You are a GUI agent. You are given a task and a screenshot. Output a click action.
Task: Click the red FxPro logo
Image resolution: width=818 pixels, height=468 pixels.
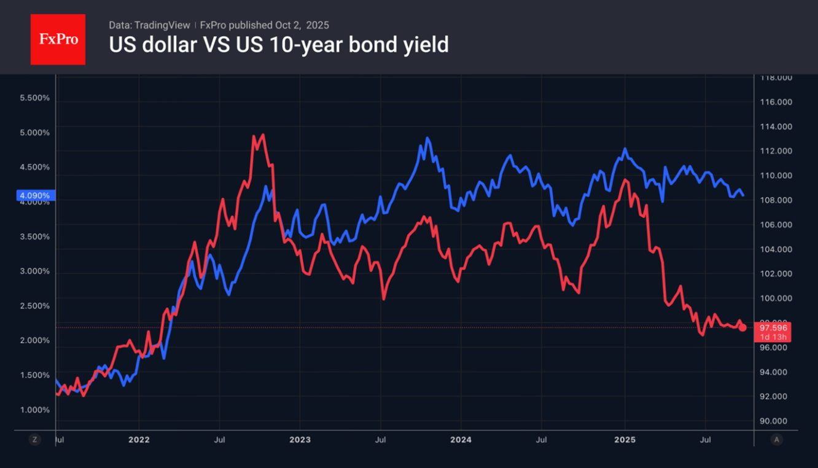(x=58, y=39)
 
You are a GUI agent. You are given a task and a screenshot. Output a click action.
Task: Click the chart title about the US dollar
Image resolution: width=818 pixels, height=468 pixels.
(x=278, y=45)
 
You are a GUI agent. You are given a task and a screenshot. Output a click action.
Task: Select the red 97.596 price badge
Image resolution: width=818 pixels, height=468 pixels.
(x=772, y=328)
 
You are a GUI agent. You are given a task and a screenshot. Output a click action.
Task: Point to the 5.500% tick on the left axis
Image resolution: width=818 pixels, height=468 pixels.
(x=35, y=98)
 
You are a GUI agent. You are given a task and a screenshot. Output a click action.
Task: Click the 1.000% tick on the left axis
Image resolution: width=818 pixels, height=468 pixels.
(x=35, y=410)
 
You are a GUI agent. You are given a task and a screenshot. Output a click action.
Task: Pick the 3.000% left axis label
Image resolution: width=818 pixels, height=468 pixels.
(x=35, y=271)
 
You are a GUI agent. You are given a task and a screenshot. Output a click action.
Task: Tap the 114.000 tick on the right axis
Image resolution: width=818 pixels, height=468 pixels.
(x=776, y=127)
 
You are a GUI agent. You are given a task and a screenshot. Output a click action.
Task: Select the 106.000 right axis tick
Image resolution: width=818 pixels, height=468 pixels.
(x=776, y=225)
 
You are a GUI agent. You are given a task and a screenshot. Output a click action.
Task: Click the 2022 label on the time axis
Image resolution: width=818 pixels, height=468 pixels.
(x=139, y=440)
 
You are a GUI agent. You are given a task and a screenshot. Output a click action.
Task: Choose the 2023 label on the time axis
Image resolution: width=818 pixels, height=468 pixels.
(x=300, y=440)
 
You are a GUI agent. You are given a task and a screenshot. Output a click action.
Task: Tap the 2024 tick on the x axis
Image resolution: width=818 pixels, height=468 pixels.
(x=461, y=440)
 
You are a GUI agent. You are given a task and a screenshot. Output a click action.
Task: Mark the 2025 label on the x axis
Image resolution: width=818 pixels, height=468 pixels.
(x=625, y=440)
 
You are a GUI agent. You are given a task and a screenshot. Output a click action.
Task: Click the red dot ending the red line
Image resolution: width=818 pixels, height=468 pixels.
(x=742, y=327)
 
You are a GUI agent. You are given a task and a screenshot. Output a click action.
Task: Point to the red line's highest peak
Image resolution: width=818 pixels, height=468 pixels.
(x=263, y=135)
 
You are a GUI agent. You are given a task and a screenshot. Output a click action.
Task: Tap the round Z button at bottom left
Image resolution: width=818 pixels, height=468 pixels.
(x=34, y=440)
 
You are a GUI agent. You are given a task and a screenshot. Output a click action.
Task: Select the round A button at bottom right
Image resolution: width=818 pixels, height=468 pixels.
(x=777, y=440)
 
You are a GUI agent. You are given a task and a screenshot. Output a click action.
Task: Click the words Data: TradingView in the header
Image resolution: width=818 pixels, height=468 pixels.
(x=149, y=25)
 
